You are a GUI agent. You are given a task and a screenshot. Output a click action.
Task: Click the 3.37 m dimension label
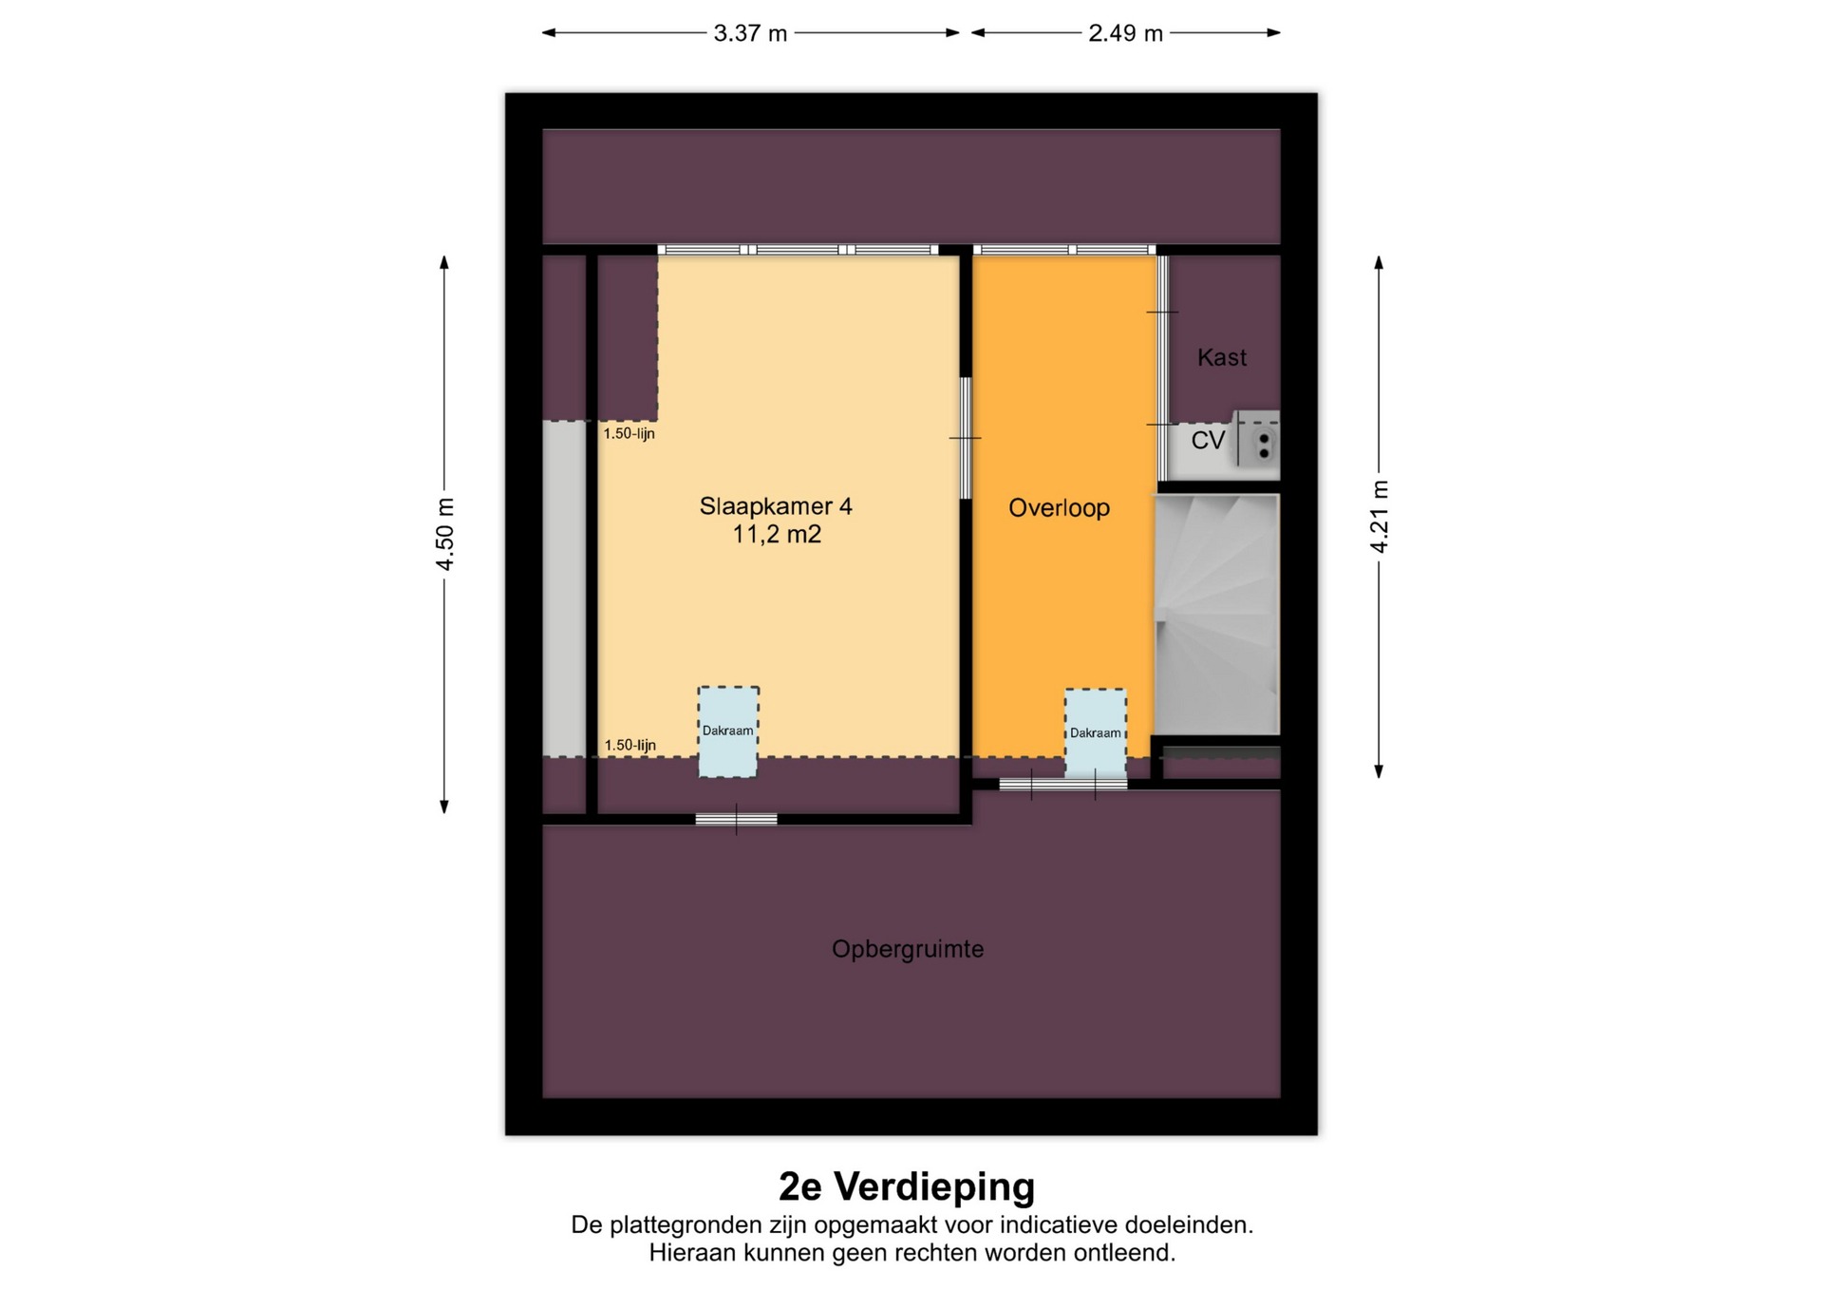click(x=750, y=33)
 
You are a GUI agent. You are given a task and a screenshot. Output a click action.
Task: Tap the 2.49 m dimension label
click(x=1125, y=33)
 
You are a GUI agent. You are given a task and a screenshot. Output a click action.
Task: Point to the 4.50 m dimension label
click(x=444, y=535)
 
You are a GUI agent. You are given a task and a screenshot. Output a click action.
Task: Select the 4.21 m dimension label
click(x=1379, y=517)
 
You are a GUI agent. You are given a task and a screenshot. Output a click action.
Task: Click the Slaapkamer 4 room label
click(x=776, y=506)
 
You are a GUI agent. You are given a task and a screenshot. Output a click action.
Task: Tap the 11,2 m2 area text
click(x=776, y=535)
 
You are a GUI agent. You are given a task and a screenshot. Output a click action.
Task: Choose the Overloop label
click(x=1059, y=507)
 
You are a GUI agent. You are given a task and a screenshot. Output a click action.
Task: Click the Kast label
click(x=1222, y=357)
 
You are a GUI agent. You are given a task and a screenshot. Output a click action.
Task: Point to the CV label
click(x=1208, y=440)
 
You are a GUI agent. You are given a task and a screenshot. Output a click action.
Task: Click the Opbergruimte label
click(x=908, y=949)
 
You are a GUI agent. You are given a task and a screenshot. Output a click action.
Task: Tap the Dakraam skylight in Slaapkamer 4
click(x=728, y=731)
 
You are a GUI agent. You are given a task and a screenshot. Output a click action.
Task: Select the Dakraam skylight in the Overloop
click(x=1095, y=733)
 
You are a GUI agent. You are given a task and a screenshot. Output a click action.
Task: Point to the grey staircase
click(x=1216, y=614)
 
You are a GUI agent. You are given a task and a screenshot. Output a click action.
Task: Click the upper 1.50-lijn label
click(x=629, y=434)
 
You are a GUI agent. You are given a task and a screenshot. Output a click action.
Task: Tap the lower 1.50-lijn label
click(x=630, y=746)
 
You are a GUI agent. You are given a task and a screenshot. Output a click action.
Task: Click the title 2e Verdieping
click(x=907, y=1186)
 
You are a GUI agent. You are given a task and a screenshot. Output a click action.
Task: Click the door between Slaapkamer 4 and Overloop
click(x=966, y=438)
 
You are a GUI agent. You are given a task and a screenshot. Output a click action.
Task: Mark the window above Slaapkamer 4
click(x=798, y=250)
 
